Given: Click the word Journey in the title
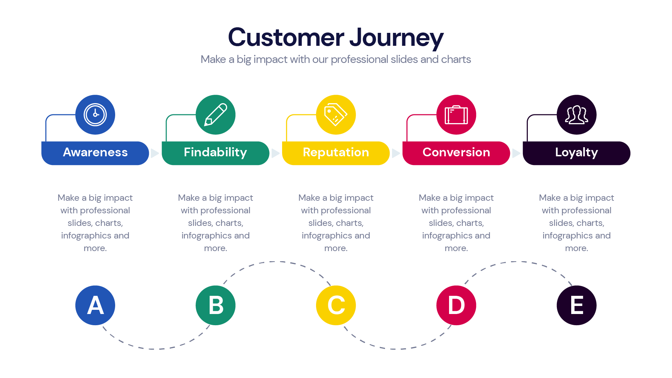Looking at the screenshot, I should (x=396, y=38).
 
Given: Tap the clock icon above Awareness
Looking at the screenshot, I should (x=95, y=115).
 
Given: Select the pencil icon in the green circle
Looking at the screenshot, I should (x=216, y=115).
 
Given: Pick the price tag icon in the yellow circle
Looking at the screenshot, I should (x=336, y=115).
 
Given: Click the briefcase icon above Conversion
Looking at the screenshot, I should (x=456, y=115).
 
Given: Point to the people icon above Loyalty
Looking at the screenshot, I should (x=576, y=115).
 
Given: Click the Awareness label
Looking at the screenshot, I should (x=95, y=152).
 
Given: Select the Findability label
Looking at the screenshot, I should (x=215, y=152).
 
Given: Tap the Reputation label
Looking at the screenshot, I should (x=336, y=152).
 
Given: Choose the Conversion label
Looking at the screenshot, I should (x=456, y=152).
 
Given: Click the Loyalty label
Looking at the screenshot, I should (x=576, y=152).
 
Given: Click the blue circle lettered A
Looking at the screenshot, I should (x=95, y=305).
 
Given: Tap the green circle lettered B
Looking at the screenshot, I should (x=216, y=305).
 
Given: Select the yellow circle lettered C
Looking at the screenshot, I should (x=336, y=305).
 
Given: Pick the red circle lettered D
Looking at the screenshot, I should (x=456, y=305).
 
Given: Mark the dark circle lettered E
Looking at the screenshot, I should (x=576, y=305).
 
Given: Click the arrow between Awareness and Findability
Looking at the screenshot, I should (x=154, y=153).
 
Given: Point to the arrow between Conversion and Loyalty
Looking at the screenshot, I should (x=516, y=153).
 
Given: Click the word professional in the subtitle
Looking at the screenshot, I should (x=359, y=59).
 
